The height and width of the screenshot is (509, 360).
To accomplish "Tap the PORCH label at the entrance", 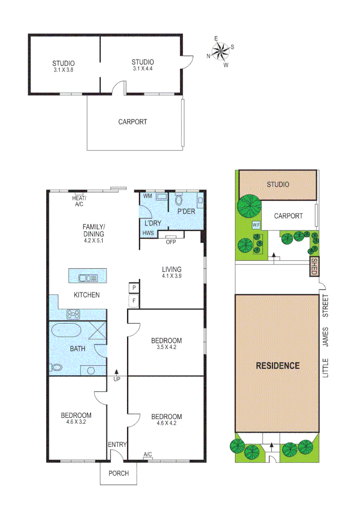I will click(118, 473).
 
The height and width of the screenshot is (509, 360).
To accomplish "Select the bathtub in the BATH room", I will click(66, 330).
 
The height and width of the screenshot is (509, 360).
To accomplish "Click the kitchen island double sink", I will click(88, 278).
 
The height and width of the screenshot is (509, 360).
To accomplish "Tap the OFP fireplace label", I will click(171, 242).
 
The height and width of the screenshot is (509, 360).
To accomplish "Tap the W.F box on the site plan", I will click(256, 225).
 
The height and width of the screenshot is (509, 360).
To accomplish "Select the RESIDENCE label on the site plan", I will click(278, 365).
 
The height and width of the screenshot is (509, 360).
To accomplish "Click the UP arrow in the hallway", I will click(117, 375).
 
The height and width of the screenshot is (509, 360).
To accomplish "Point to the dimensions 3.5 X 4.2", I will click(166, 347).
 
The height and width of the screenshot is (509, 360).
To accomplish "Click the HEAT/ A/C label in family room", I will click(79, 201).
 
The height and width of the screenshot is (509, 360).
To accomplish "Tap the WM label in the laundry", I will click(147, 196).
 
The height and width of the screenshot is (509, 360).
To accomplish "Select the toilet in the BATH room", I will click(56, 368).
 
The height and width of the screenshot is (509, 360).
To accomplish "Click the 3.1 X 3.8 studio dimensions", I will click(64, 70).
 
